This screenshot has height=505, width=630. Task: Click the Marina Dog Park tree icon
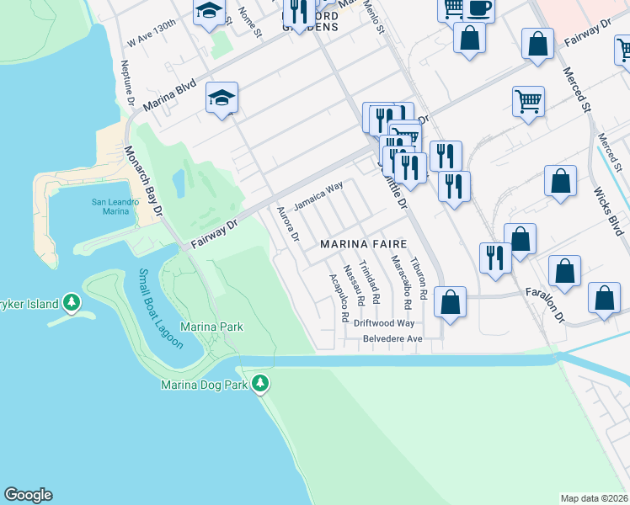pos(261,384)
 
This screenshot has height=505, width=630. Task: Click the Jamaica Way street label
pos(318,197)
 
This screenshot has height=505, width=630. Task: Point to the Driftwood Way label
pos(384,322)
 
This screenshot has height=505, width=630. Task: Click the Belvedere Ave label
pos(392,338)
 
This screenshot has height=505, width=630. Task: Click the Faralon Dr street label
pos(555,300)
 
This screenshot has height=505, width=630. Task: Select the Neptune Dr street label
pos(128,82)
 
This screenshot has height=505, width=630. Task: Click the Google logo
pos(28,495)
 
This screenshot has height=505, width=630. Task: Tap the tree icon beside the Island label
pos(72,303)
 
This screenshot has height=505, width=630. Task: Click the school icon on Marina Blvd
pos(222,98)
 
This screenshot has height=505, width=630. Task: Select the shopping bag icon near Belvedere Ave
pos(451,304)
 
